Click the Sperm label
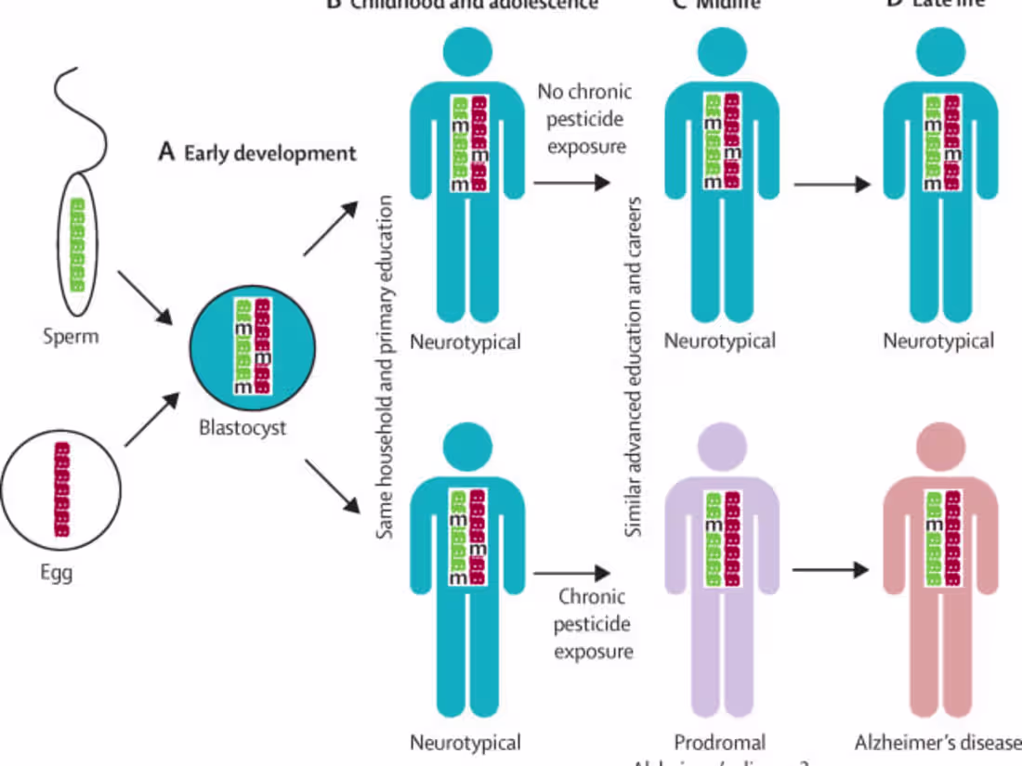pyautogui.click(x=70, y=335)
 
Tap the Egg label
pyautogui.click(x=56, y=572)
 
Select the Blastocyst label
pyautogui.click(x=242, y=428)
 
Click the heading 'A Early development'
pyautogui.click(x=256, y=152)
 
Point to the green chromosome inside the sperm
pyautogui.click(x=77, y=245)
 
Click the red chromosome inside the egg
pyautogui.click(x=62, y=489)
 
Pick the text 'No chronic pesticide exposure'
pyautogui.click(x=584, y=119)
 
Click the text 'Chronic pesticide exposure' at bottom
pyautogui.click(x=593, y=623)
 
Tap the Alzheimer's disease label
pyautogui.click(x=937, y=742)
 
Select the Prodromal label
pyautogui.click(x=719, y=742)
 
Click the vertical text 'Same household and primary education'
pyautogui.click(x=388, y=367)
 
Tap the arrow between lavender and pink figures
pyautogui.click(x=832, y=569)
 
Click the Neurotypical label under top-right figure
pyautogui.click(x=938, y=341)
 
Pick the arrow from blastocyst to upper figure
pyautogui.click(x=330, y=227)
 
